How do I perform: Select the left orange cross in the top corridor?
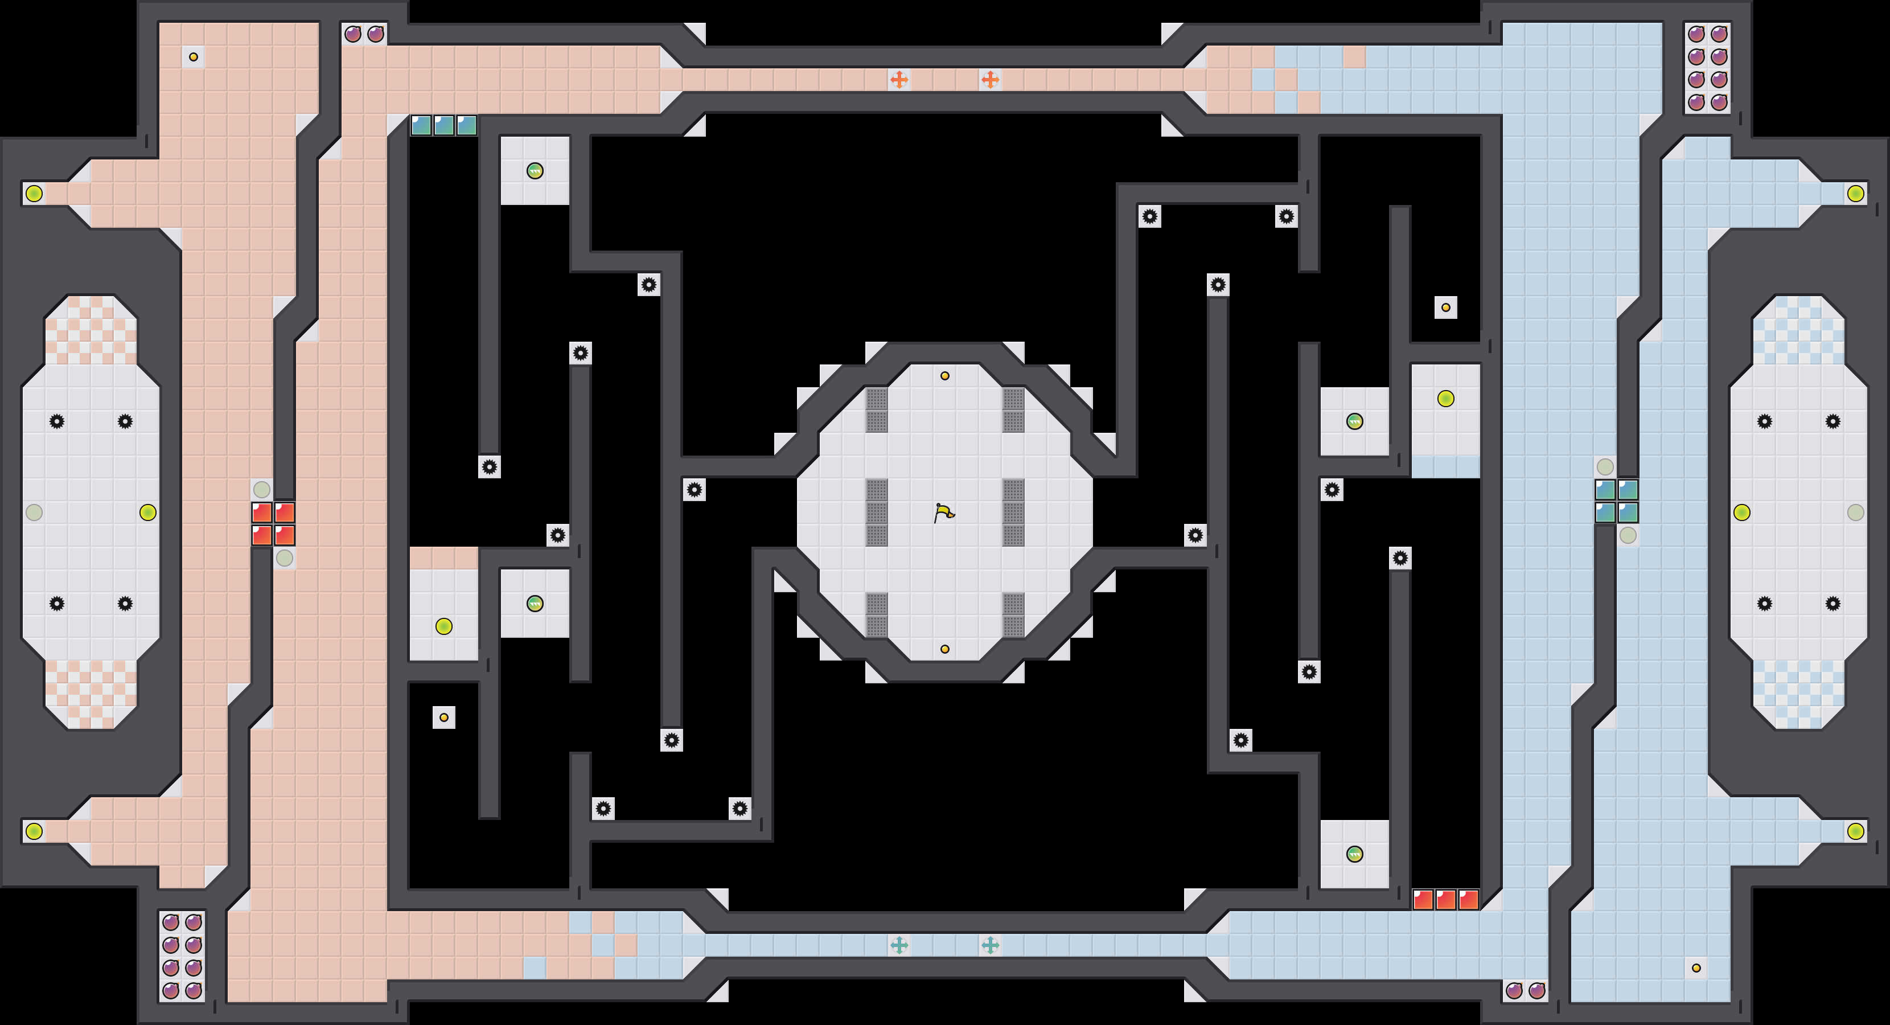coord(899,79)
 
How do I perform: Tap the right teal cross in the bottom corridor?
coord(990,945)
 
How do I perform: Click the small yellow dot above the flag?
coord(945,376)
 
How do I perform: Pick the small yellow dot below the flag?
coord(945,649)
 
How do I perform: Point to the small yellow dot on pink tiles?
coord(193,56)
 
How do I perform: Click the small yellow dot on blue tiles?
coord(1696,967)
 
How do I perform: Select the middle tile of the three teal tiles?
coord(444,125)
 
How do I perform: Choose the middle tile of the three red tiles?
coord(1445,900)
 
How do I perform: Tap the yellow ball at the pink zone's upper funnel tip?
coord(34,194)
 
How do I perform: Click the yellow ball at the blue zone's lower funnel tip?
coord(1855,831)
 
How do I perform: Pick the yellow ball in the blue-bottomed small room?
coord(1445,399)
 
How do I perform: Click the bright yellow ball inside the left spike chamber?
coord(147,512)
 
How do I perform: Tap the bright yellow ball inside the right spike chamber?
coord(1742,512)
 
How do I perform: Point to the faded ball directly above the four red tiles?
coord(261,489)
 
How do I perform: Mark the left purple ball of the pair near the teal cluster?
coord(353,34)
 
